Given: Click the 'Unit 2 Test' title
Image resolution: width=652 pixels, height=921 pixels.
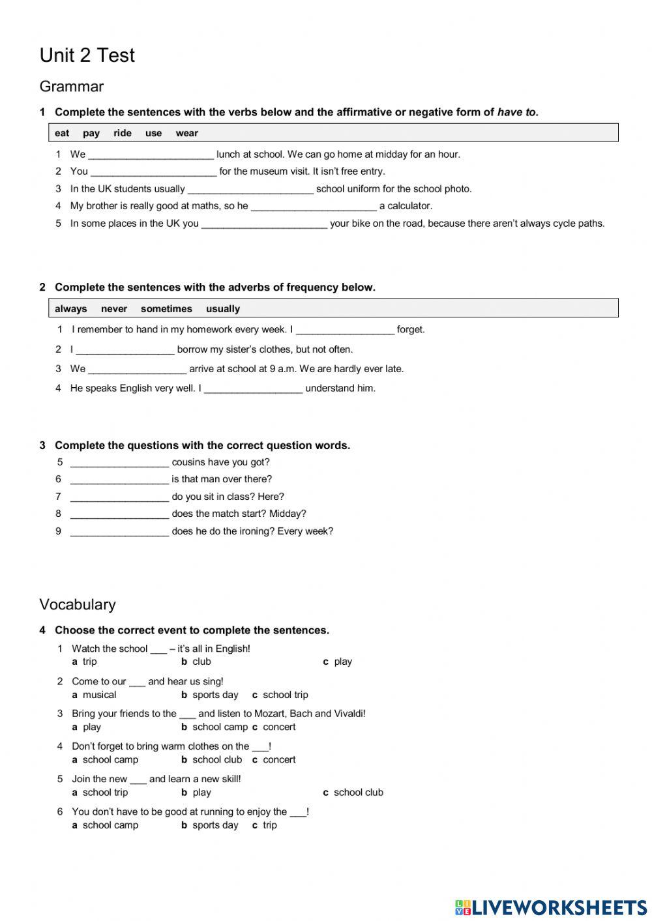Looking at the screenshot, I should coord(87,55).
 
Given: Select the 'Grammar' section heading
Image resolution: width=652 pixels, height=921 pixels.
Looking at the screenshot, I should coord(71,87).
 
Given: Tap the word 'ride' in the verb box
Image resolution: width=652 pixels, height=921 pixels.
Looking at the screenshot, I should coord(122,134).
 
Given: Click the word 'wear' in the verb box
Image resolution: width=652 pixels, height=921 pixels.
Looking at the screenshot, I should coord(186,134).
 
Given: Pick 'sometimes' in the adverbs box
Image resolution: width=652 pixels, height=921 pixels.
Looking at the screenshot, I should coord(166,309).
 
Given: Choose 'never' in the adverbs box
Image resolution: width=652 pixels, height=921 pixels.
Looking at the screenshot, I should coord(113,309).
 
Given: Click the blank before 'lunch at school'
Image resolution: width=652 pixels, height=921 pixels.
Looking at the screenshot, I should coord(151,155).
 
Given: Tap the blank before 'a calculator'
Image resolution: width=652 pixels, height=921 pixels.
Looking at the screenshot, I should coord(314,207).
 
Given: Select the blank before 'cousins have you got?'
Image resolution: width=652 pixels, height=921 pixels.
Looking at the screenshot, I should coord(119,463).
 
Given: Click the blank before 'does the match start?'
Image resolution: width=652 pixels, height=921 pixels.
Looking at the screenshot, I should coord(119,514).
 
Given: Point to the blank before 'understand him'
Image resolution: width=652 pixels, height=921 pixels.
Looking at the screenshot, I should coord(253,389).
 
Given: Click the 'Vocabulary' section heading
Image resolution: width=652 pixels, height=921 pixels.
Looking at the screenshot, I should coord(77,604).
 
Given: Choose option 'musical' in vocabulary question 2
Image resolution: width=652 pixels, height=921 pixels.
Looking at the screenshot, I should coord(99,695).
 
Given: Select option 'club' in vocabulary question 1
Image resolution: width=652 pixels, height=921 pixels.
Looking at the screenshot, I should coord(201,662).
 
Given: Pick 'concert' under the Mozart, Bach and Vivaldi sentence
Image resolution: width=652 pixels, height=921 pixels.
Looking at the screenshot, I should coord(279,727).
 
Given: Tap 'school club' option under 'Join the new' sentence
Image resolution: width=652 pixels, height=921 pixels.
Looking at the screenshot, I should coord(358,793).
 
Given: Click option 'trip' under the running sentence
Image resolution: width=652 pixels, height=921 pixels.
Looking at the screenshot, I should coord(269,825).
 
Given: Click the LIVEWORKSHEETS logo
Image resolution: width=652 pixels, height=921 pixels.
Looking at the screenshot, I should coord(551,907).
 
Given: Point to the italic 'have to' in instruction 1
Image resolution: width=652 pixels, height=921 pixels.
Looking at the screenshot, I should coord(517,112).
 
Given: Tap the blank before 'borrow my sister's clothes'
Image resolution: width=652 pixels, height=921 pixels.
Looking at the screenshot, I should coord(125,350).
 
